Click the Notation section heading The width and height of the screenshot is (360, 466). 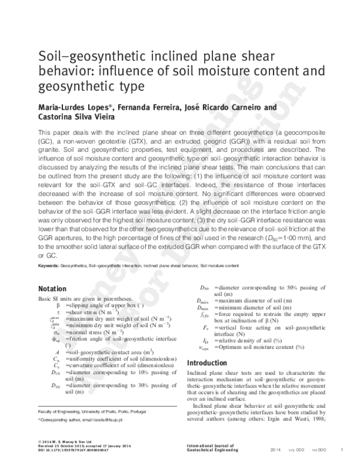coord(56,288)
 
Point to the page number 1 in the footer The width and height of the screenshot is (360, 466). coord(341,450)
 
